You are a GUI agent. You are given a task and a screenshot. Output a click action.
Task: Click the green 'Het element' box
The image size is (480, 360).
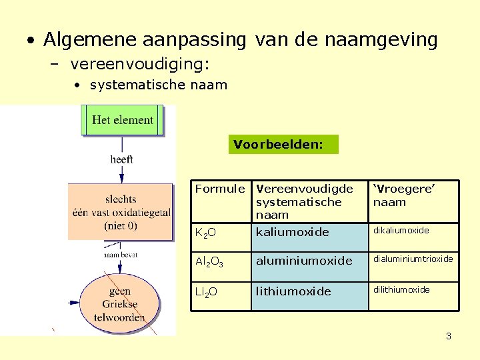pos(123,121)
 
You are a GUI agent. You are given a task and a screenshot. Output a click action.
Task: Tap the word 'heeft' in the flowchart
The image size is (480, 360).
pos(122,159)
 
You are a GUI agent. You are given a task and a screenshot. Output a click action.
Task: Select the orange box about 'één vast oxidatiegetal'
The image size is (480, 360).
pos(120,212)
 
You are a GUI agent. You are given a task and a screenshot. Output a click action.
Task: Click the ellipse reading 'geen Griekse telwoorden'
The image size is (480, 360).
pos(120,304)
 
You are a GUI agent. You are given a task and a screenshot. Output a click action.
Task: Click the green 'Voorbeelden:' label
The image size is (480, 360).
pos(283,144)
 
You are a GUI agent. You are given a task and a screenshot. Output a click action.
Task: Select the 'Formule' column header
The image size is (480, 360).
pos(219,189)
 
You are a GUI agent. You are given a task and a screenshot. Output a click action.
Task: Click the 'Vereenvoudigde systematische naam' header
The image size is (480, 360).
pos(309,201)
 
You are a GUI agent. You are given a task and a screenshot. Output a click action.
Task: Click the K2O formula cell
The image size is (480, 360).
pos(219,233)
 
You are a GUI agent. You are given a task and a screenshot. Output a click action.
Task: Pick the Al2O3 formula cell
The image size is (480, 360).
pos(219,261)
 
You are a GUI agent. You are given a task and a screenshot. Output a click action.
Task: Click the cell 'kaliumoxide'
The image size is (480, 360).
pos(309,233)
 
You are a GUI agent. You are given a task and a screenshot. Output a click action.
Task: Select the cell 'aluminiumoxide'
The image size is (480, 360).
pos(309,261)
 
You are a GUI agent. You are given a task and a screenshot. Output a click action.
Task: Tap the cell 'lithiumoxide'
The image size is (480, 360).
pos(309,292)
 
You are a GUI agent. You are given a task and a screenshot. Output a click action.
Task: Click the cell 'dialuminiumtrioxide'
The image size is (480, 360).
pos(414,259)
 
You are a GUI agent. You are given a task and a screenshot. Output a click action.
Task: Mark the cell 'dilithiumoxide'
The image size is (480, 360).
pos(414,290)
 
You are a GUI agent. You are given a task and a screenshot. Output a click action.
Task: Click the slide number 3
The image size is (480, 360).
pos(449,337)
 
